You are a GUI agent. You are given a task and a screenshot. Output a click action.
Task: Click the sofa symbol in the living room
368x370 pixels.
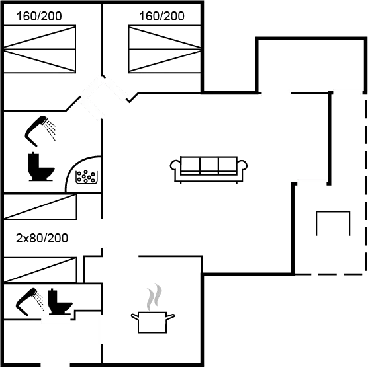point(208,169)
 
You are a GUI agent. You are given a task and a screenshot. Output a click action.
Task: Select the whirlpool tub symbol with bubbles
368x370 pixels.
point(87,177)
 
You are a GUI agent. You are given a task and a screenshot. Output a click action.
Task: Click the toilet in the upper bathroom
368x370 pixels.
point(41,166)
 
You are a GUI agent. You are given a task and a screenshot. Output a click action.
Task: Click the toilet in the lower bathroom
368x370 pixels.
point(60,302)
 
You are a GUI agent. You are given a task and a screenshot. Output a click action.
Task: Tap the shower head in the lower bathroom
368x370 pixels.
point(26,301)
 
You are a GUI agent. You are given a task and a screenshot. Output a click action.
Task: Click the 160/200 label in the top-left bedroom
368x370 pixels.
point(39,16)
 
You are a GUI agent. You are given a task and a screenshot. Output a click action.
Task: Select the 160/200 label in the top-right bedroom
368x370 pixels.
point(161,16)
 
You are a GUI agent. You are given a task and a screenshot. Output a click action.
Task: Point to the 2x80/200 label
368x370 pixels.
point(42,238)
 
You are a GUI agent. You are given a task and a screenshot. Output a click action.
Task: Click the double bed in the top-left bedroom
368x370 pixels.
point(40,49)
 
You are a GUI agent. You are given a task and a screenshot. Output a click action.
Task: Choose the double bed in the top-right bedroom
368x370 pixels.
point(165,49)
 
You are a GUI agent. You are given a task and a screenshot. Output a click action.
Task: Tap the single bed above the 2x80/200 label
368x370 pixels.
point(40,207)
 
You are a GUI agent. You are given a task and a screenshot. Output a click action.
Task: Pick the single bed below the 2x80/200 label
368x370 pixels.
point(40,270)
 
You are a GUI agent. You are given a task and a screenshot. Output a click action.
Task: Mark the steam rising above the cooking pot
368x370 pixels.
point(154,297)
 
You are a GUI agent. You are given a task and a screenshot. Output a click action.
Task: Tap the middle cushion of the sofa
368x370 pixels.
point(209,166)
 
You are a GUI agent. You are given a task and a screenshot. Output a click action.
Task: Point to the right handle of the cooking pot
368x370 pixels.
point(170,316)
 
